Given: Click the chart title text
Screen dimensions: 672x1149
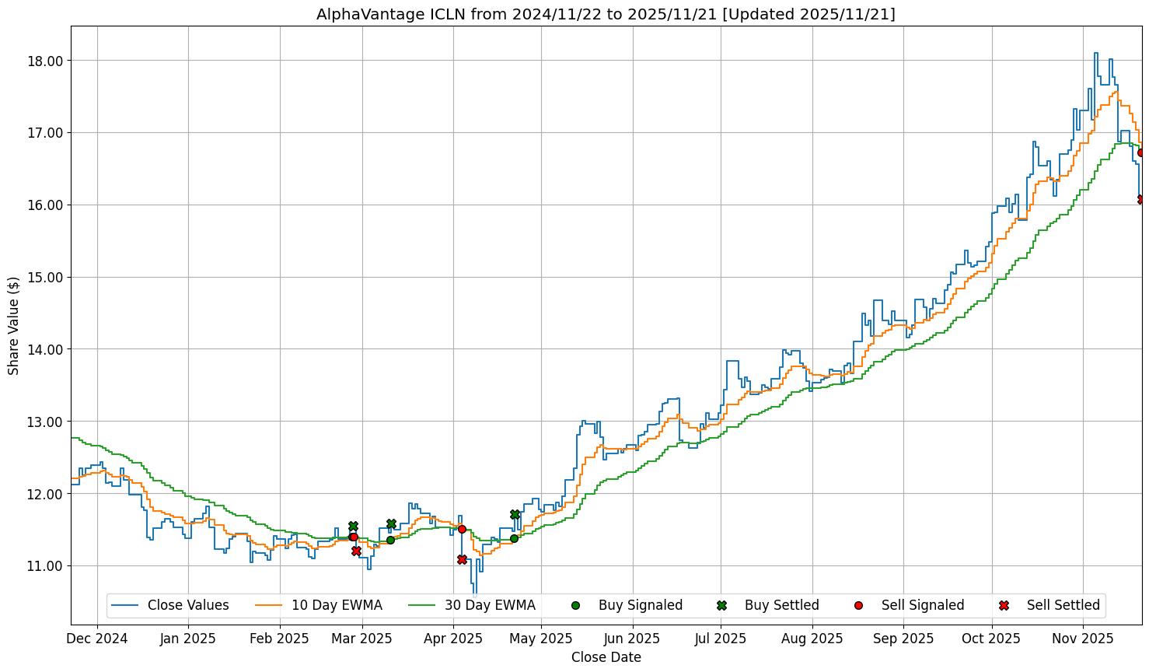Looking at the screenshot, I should (x=606, y=14).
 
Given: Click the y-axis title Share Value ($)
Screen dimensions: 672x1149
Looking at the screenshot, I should (x=13, y=325).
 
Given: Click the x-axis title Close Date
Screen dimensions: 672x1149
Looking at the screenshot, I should (x=606, y=657).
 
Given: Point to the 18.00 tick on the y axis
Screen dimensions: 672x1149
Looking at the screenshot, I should (x=46, y=61).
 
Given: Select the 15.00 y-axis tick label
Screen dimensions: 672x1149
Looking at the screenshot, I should (x=46, y=277).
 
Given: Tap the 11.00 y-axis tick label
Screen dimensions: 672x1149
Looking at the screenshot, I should (x=46, y=566).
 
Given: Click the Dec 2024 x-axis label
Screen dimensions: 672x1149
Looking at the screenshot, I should (x=97, y=639).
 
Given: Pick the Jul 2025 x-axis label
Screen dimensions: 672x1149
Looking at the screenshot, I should (x=721, y=639).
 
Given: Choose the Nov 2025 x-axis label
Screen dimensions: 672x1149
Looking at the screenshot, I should (x=1083, y=639).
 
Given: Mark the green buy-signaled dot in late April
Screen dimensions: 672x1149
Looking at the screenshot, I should (x=514, y=538).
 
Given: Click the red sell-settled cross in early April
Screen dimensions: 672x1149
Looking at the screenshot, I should (x=462, y=559).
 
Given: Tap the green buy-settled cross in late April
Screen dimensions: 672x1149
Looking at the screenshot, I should (x=515, y=514).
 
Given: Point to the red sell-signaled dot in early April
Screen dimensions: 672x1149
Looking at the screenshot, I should (x=462, y=529).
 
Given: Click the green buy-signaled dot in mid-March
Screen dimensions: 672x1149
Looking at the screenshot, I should (x=390, y=540).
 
